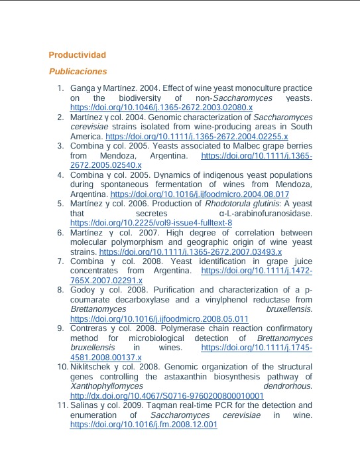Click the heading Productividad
tap(77, 54)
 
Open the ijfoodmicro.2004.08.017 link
tap(200, 194)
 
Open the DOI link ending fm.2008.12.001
tap(144, 425)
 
